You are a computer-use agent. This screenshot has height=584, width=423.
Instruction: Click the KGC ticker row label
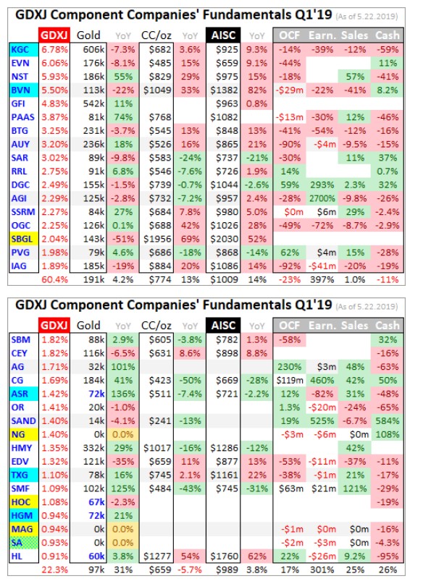pos(23,49)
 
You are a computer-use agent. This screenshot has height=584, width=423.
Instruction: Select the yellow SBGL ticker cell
pos(23,239)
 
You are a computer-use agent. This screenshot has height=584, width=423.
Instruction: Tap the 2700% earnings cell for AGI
pos(322,198)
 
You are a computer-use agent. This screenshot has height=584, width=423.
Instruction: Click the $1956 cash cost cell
pos(157,239)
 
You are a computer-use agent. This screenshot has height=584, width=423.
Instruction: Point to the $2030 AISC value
pos(224,239)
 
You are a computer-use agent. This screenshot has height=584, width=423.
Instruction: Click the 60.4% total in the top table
pos(54,280)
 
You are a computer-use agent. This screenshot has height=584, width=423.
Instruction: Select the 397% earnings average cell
pos(322,280)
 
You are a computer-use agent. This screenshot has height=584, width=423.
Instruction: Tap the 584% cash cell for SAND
pos(388,421)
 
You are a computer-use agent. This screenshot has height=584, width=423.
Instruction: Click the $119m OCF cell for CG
pos(290,380)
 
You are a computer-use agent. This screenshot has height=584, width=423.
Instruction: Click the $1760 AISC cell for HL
pos(224,557)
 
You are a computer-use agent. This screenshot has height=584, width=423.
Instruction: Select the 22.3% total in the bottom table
pos(54,570)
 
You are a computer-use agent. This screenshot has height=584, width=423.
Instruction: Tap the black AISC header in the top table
pos(223,35)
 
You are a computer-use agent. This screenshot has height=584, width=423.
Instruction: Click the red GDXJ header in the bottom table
pos(54,325)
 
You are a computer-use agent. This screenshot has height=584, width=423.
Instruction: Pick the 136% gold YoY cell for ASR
pos(123,394)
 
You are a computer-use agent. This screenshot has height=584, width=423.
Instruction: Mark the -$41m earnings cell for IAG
pos(322,266)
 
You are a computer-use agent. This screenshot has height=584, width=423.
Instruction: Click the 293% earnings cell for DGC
pos(322,185)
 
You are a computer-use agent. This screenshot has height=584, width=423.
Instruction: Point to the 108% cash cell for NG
pos(388,434)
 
